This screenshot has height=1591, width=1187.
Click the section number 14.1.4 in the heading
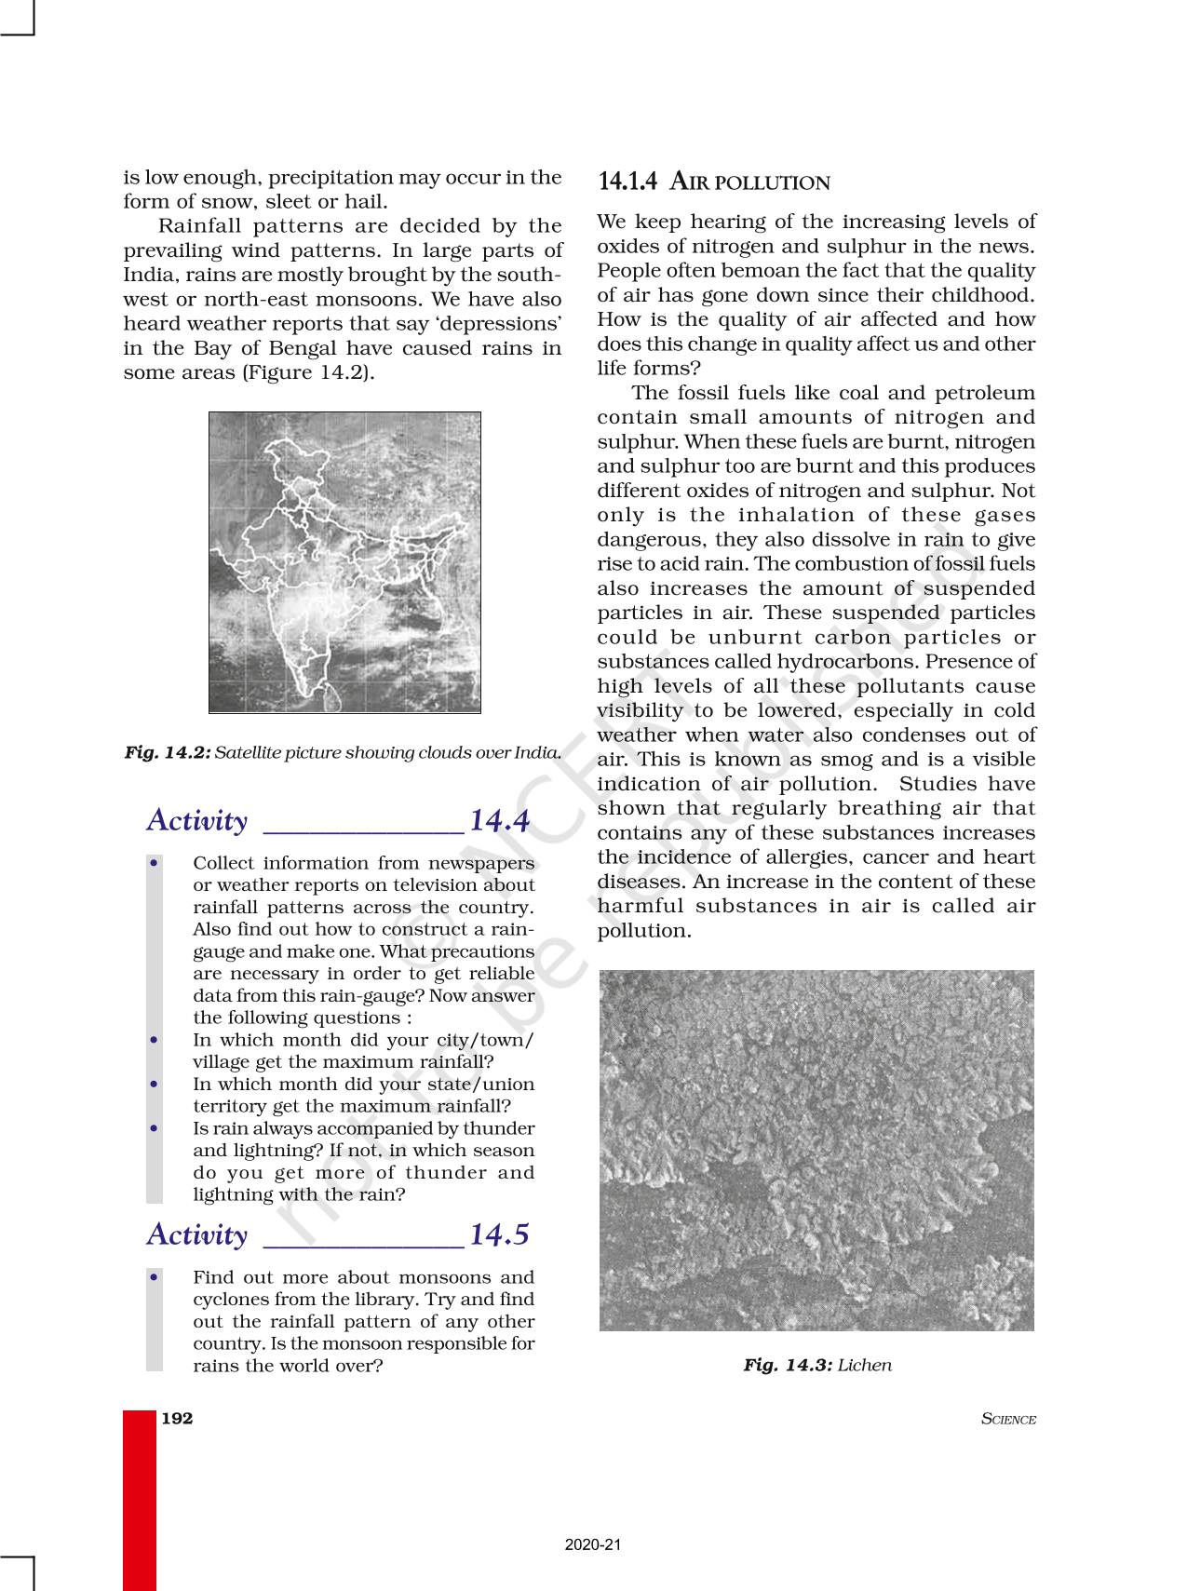coord(628,182)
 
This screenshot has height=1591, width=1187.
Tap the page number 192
coord(177,1418)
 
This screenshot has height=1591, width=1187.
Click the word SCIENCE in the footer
coord(1008,1420)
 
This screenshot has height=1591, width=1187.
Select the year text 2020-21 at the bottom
coord(593,1544)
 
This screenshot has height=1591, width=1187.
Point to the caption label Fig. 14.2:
coord(168,752)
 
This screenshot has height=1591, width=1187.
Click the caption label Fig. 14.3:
coord(788,1365)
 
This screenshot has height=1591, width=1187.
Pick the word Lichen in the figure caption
coord(865,1365)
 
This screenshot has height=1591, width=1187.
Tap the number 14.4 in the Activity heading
coord(500,821)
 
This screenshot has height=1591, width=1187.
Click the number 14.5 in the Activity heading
coord(499,1234)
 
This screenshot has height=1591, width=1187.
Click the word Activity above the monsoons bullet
coord(197,1234)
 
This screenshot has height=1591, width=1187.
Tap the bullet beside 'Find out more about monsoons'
coord(155,1277)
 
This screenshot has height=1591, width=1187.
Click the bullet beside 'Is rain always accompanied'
coord(155,1128)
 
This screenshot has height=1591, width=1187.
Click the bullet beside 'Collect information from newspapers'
coord(155,863)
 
